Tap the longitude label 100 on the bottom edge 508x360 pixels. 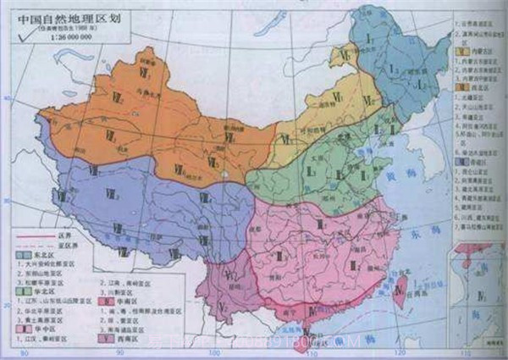point(214,352)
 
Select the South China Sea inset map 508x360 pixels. point(478,288)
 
